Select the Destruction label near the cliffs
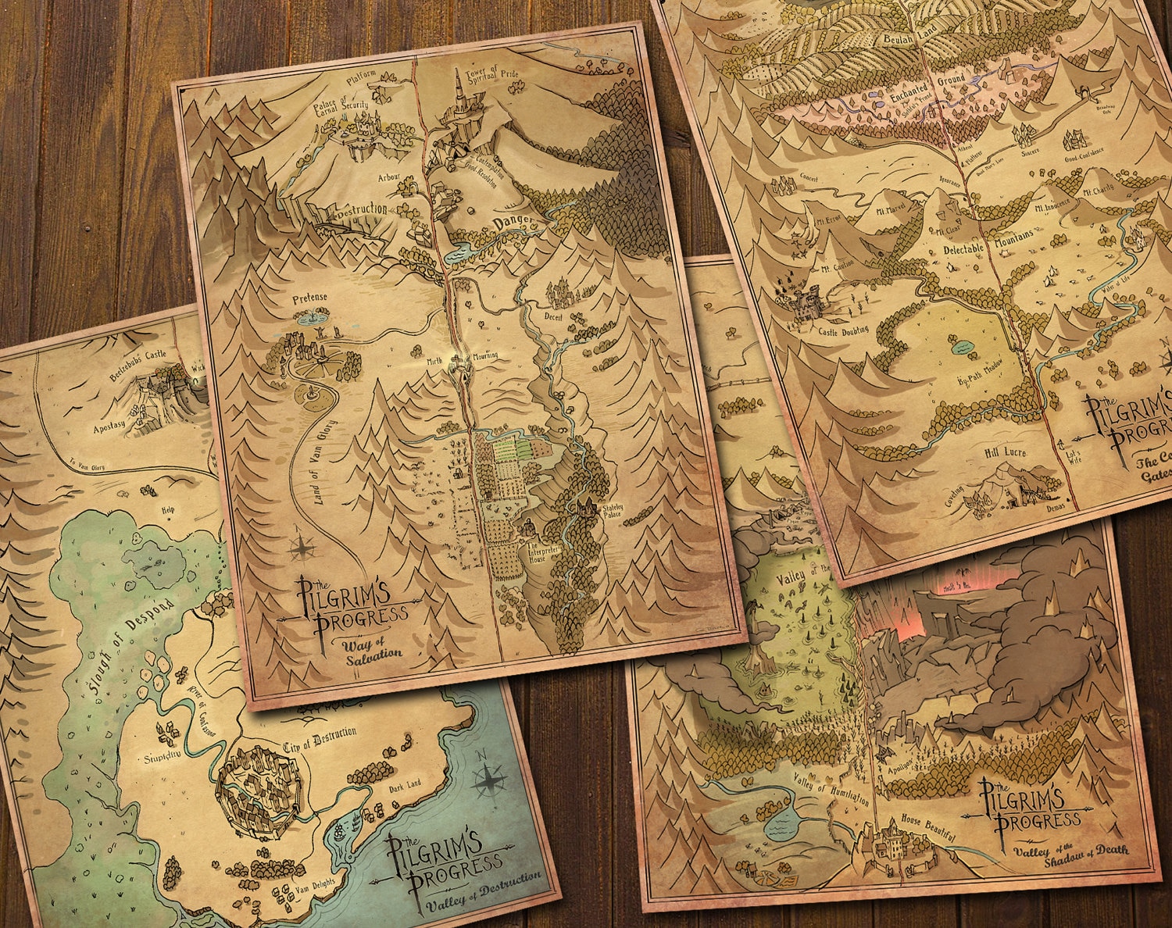(361, 210)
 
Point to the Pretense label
(310, 298)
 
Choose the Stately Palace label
(612, 512)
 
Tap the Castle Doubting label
(843, 330)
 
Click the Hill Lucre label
(1005, 453)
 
